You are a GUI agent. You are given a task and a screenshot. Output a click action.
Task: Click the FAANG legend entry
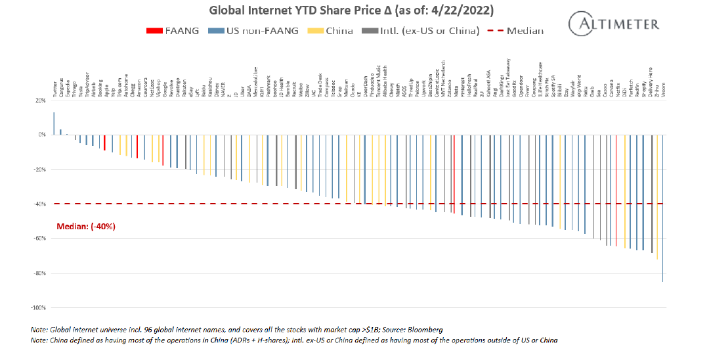(x=175, y=30)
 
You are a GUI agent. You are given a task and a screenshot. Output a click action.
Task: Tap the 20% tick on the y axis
(x=40, y=101)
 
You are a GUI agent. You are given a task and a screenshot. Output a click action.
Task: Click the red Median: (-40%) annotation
(x=86, y=226)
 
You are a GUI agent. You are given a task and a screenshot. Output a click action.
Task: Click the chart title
(x=351, y=11)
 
